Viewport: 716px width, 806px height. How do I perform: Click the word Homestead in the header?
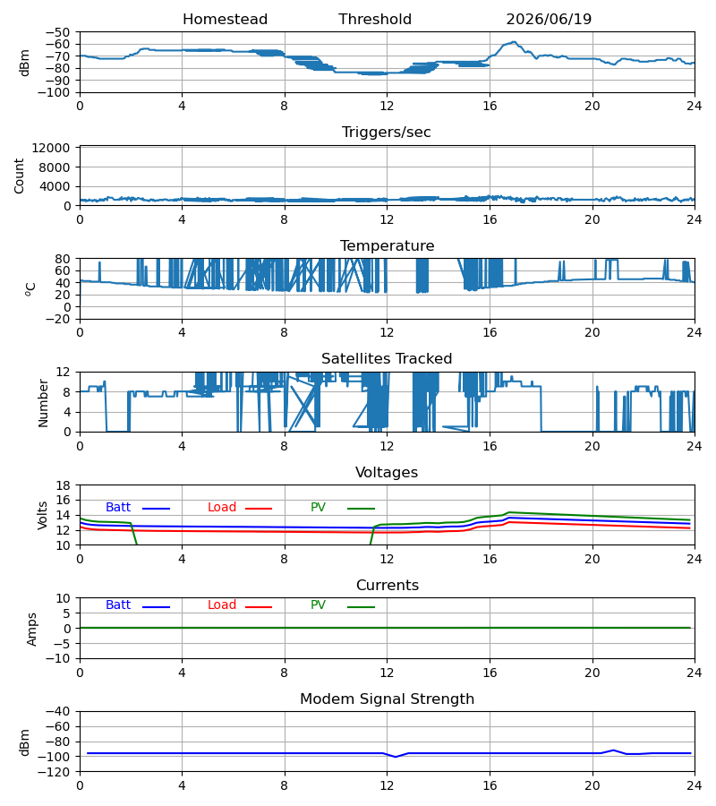(x=225, y=20)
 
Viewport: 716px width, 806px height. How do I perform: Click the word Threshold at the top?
(x=375, y=20)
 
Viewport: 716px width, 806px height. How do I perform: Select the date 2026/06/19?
(x=549, y=20)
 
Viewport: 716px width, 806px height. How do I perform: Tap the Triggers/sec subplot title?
(x=387, y=133)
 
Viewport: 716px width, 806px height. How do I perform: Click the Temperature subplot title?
(x=387, y=246)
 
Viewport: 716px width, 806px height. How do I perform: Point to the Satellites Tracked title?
(x=387, y=359)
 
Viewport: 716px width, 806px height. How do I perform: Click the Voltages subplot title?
(x=387, y=473)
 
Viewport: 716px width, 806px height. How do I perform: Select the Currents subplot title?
(x=388, y=586)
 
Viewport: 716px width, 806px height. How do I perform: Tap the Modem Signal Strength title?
(x=387, y=699)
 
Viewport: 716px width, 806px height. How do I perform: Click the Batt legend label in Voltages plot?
(x=118, y=508)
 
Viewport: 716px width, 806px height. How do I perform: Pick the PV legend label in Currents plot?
(x=318, y=605)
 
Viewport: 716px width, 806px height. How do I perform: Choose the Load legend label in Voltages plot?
(x=222, y=508)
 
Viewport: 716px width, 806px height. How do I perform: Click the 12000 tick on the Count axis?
(x=51, y=148)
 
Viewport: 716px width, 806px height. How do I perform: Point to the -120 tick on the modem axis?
(x=56, y=772)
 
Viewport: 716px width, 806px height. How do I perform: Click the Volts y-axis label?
(x=42, y=516)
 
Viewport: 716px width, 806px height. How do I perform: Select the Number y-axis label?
(x=43, y=404)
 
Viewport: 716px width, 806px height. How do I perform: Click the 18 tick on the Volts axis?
(x=64, y=485)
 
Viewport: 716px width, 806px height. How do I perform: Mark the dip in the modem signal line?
(x=395, y=757)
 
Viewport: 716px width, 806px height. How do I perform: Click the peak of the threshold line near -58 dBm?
(x=514, y=42)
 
